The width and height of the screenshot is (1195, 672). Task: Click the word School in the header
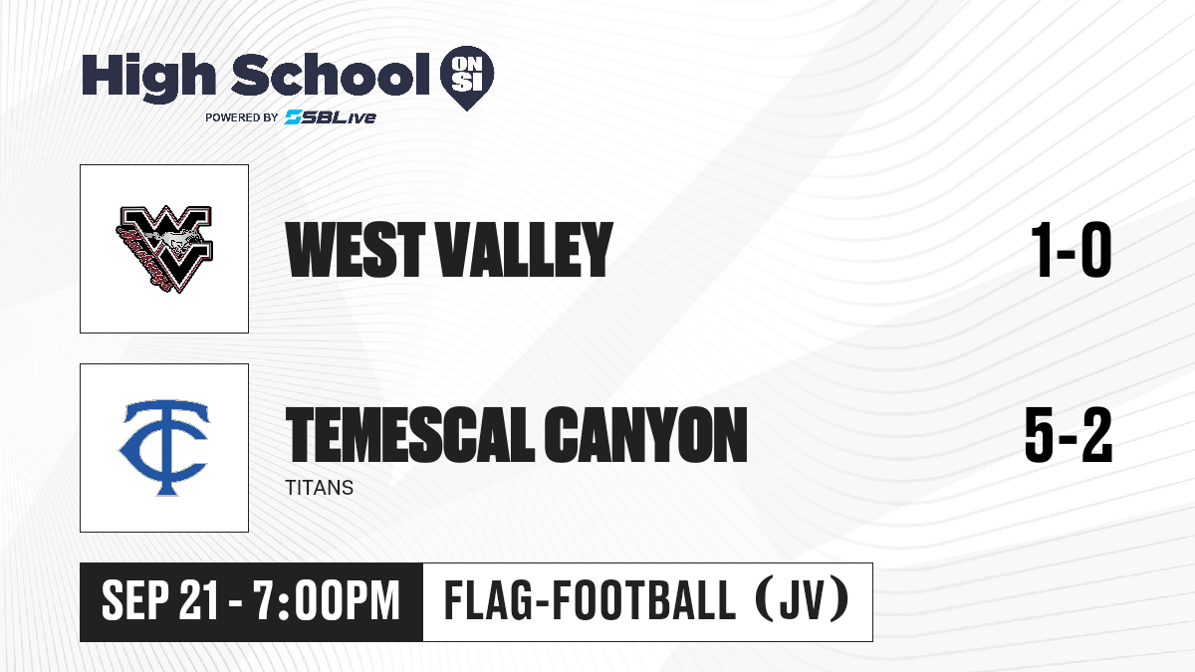331,74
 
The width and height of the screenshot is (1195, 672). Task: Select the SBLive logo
331,117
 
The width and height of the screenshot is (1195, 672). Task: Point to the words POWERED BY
242,117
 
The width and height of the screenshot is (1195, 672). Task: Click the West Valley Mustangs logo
164,249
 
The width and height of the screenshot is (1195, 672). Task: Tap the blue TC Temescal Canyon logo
164,448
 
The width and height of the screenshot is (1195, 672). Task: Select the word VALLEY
526,250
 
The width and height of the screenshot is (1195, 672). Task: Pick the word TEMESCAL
410,434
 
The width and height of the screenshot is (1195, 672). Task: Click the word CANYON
645,434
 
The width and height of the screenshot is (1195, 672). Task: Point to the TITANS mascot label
320,488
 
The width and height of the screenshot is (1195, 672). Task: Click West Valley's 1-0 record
1072,250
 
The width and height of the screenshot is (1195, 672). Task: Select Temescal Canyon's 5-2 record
1069,434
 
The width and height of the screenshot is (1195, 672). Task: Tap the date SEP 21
160,600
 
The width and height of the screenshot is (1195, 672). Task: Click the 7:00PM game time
327,600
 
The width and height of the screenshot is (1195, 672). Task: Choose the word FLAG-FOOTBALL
590,600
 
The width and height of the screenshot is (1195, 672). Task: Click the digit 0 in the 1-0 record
1095,250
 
